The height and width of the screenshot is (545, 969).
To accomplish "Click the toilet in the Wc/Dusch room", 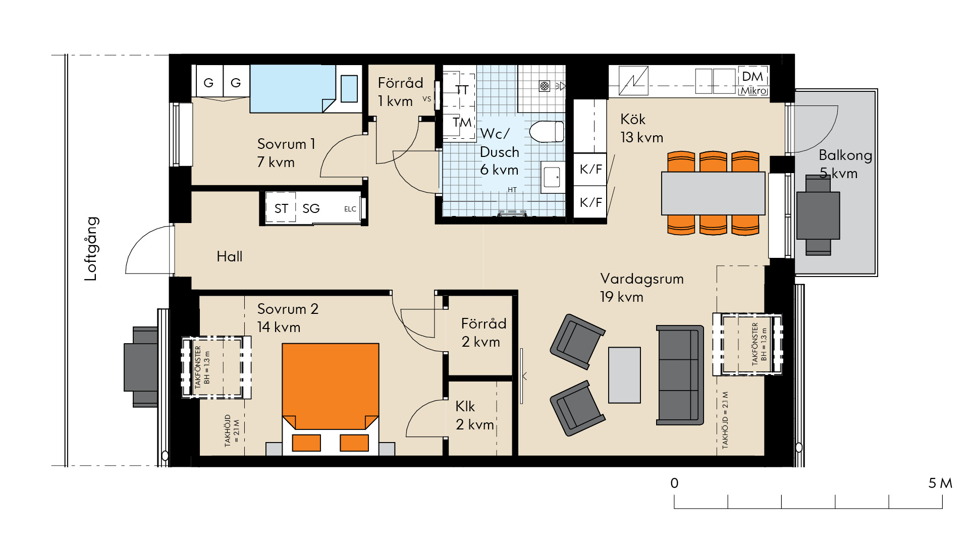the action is [547, 132].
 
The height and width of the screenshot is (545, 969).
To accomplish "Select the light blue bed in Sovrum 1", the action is [293, 88].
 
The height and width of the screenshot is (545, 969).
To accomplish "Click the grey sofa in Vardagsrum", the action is [680, 375].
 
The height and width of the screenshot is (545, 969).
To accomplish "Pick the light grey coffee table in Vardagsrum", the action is [624, 375].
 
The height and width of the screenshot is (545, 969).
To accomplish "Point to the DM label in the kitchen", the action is [752, 76].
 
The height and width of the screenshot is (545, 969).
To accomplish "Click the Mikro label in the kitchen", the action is [753, 91].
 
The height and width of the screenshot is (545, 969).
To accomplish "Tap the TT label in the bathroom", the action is [462, 90].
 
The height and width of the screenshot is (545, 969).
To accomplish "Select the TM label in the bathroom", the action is [462, 122].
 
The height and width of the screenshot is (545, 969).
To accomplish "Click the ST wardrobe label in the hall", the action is [281, 208].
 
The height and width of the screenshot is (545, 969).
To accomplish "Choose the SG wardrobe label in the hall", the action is [311, 208].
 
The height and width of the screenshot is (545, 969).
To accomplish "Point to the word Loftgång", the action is [91, 249].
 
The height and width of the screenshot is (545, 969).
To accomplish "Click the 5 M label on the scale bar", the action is [940, 483].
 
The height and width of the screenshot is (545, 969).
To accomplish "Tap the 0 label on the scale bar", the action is [674, 483].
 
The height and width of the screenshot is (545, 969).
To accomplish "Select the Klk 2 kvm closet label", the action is [474, 415].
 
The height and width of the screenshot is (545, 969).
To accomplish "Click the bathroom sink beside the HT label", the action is [553, 177].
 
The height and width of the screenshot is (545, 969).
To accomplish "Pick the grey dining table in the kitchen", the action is [713, 193].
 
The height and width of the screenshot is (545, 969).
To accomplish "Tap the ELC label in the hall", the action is [350, 209].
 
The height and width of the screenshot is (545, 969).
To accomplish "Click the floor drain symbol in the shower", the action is [545, 86].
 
